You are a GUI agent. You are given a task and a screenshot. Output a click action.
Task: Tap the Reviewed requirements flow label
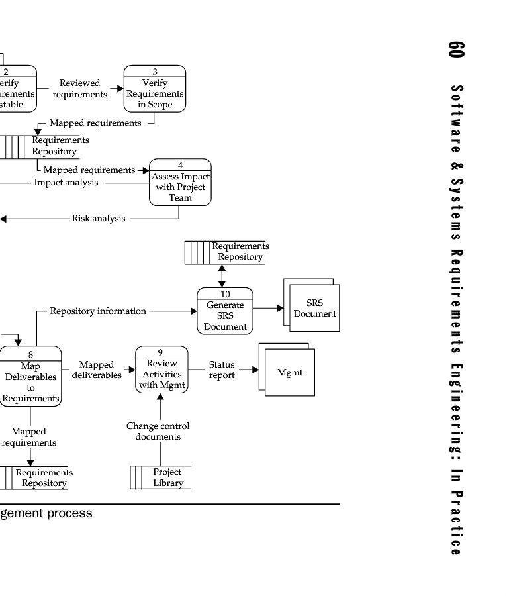80,89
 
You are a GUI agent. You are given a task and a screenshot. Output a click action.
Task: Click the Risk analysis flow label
99,218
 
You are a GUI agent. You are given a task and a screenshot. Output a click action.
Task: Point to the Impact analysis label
66,183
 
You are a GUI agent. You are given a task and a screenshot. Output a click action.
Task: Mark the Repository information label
98,311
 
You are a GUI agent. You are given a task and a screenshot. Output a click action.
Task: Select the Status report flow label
222,370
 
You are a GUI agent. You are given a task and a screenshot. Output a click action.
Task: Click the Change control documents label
158,431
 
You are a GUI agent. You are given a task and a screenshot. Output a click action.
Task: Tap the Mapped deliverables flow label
97,370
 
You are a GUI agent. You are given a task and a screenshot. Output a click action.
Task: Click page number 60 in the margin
456,49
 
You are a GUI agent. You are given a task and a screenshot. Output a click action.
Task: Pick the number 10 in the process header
226,294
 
